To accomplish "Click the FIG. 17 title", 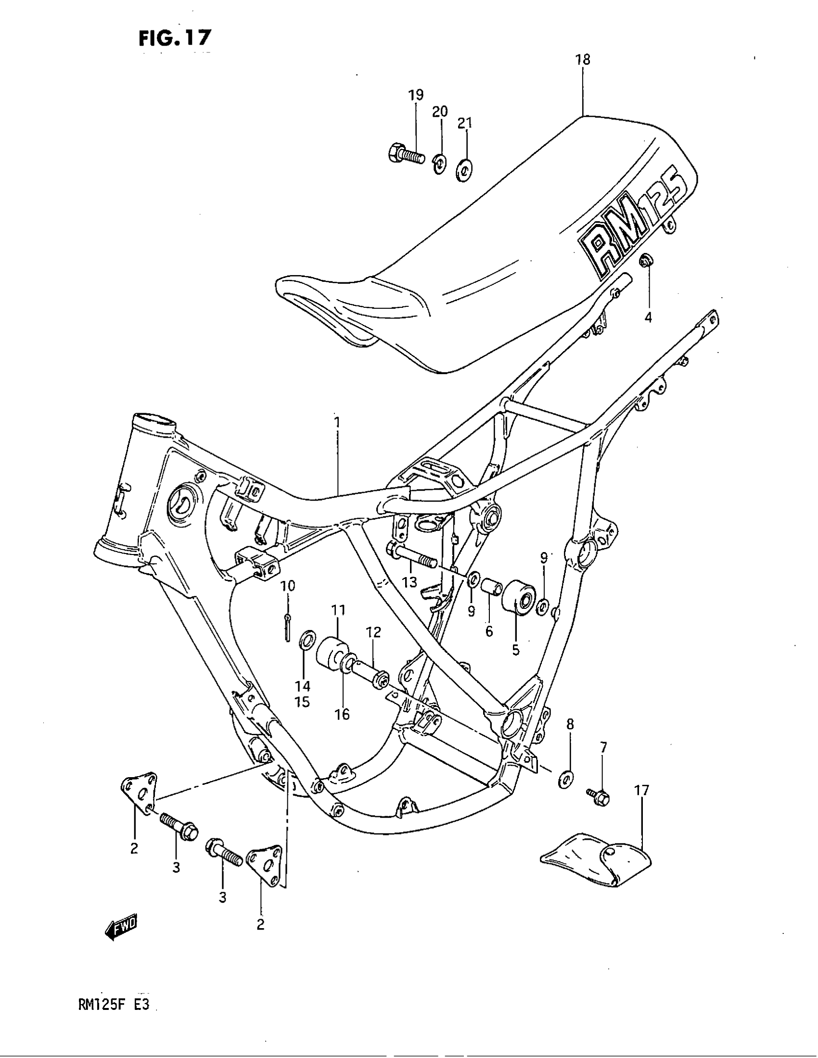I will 175,38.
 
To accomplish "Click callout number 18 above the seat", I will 583,60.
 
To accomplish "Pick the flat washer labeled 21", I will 466,170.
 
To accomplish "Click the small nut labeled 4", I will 645,261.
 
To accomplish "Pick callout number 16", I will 342,714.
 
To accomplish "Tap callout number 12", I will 373,632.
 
